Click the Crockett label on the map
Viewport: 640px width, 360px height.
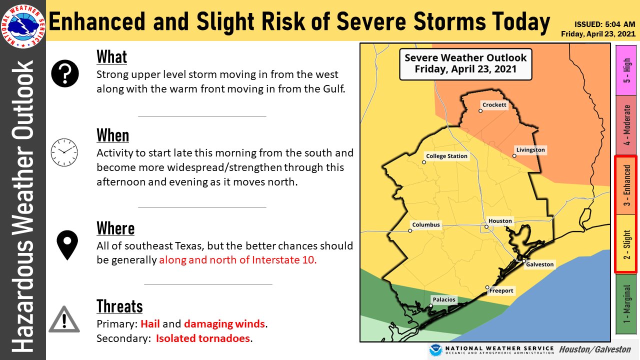(x=494, y=105)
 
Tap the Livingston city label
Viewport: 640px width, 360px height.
(x=530, y=150)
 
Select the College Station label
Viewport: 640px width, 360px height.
(x=446, y=156)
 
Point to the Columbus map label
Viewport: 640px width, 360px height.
(x=426, y=225)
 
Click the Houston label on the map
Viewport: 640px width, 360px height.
(x=500, y=221)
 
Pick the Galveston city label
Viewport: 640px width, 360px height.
(x=539, y=264)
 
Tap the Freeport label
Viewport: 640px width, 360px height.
(x=501, y=290)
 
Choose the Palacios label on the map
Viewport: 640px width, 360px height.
(x=444, y=299)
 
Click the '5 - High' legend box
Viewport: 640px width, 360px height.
(x=626, y=70)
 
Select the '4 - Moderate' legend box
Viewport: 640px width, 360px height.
(x=626, y=125)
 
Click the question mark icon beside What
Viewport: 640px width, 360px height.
(x=65, y=73)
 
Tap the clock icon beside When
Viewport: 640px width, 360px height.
(x=64, y=152)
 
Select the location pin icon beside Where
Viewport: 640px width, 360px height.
(x=66, y=245)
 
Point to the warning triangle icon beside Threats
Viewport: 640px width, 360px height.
(x=64, y=319)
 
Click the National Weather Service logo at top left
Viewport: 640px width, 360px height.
(x=22, y=24)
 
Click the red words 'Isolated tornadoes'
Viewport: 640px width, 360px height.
(x=202, y=338)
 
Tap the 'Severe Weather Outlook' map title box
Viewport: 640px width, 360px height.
(x=465, y=63)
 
